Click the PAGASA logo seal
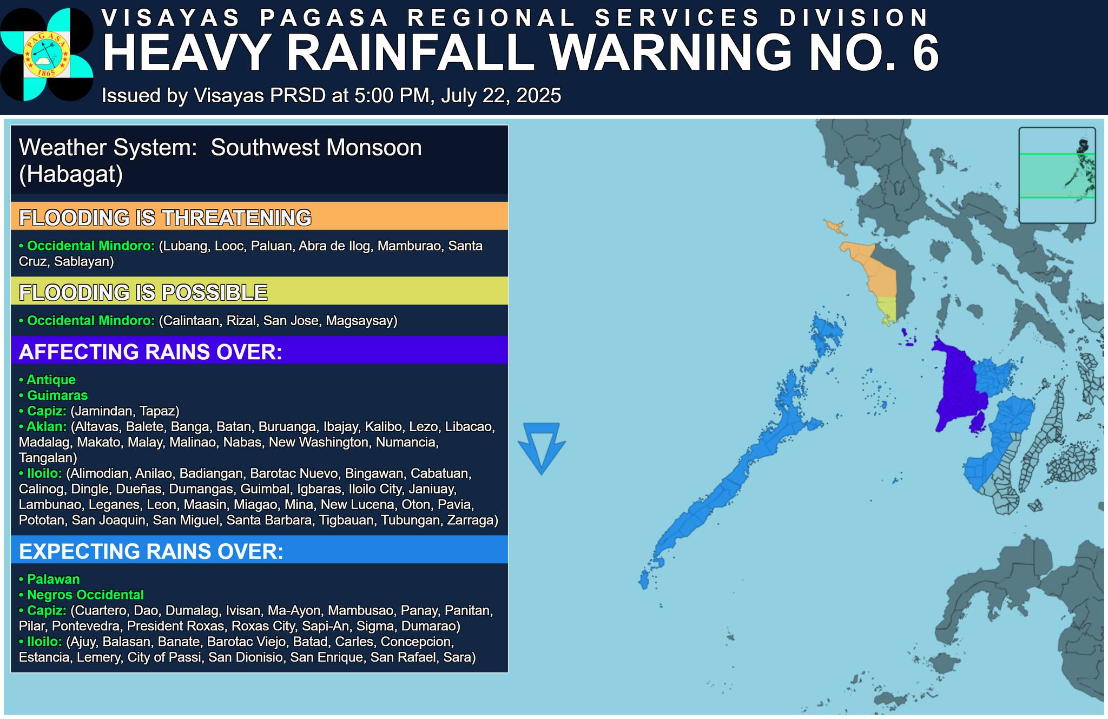click(x=46, y=55)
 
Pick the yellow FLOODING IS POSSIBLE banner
click(x=259, y=292)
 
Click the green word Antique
click(x=51, y=380)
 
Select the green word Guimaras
click(x=57, y=395)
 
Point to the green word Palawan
click(x=54, y=579)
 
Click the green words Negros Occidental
click(x=85, y=595)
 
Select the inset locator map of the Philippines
click(x=1057, y=175)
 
